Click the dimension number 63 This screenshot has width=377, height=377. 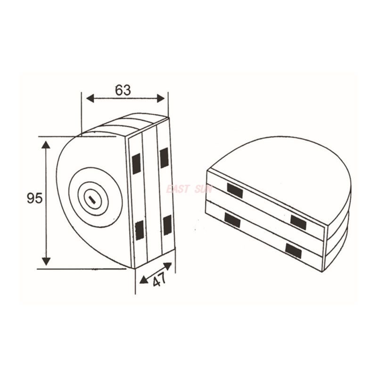(x=123, y=90)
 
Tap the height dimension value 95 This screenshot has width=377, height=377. (x=34, y=198)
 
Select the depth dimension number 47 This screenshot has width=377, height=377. (x=160, y=280)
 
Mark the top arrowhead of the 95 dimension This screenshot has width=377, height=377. (x=46, y=144)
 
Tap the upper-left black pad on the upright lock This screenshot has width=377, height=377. (x=136, y=163)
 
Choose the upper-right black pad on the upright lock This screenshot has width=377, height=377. (x=164, y=158)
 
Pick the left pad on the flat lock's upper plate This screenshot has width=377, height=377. (x=234, y=190)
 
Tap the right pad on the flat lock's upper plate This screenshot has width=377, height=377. (x=299, y=221)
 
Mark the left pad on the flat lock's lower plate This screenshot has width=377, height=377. (x=232, y=220)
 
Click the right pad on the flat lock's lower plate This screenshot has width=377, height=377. (x=293, y=250)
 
